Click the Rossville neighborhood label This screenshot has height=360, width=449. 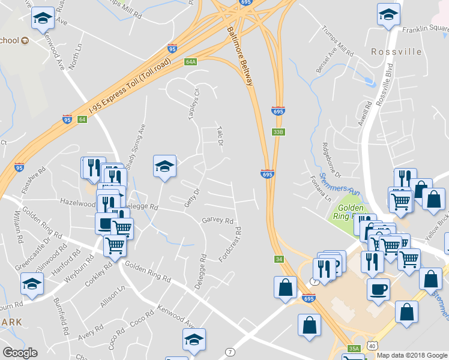pos(396,52)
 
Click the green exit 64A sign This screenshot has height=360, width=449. pos(191,61)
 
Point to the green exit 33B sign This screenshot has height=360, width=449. pos(277,132)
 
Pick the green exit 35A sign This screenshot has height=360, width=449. pos(354,348)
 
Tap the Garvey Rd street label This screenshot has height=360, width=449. pos(217,221)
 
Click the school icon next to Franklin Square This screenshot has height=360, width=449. pos(388,14)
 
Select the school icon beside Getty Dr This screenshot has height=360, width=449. pos(164,166)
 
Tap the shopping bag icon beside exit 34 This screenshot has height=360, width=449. pos(285,287)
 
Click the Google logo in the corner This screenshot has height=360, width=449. pos(20,353)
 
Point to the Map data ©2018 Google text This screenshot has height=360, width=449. pos(412,355)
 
